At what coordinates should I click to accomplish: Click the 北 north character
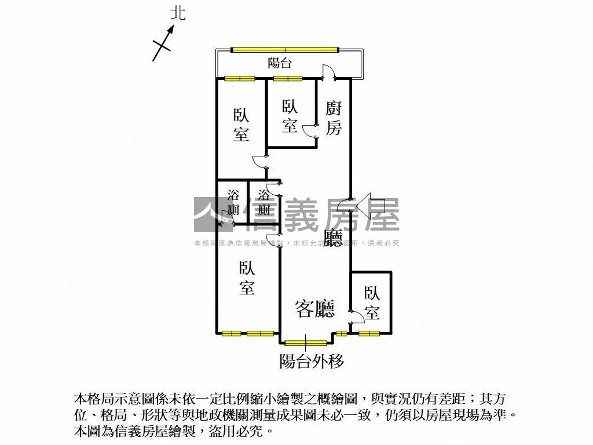point(178,14)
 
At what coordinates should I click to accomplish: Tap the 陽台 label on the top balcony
point(280,63)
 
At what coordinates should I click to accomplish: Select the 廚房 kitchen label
point(333,118)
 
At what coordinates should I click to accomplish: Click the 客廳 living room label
point(315,308)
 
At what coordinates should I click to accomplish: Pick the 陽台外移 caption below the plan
point(312,362)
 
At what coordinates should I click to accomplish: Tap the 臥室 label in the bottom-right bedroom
point(371,303)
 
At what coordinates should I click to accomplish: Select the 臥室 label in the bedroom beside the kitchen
point(290,116)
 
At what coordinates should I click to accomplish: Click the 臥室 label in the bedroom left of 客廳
point(247,278)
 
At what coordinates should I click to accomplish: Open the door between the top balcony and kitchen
point(328,72)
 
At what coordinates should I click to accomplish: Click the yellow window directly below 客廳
point(306,342)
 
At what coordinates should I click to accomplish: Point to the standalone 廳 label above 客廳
point(333,238)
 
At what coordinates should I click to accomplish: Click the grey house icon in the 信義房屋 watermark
point(211,214)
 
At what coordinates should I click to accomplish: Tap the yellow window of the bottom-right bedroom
point(369,333)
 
